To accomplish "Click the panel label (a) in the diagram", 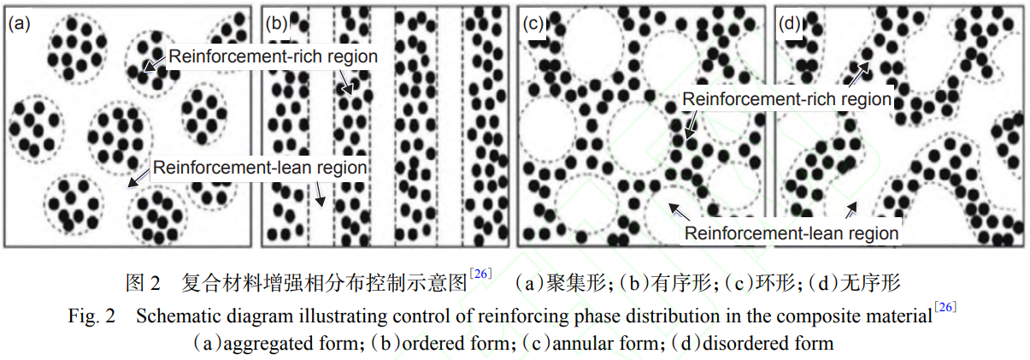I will pos(19,24).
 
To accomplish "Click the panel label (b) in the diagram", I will pos(276,24).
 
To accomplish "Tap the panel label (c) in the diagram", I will pos(533,24).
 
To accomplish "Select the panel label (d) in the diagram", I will pos(789,24).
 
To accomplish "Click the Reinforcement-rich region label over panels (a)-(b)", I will pos(273,56).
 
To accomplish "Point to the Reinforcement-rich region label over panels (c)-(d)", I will pos(786,99).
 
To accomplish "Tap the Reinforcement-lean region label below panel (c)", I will pos(792,233).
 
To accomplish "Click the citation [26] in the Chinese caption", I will pos(480,274).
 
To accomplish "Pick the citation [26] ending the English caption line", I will pos(945,309).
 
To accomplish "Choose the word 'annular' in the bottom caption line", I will pos(580,344).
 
